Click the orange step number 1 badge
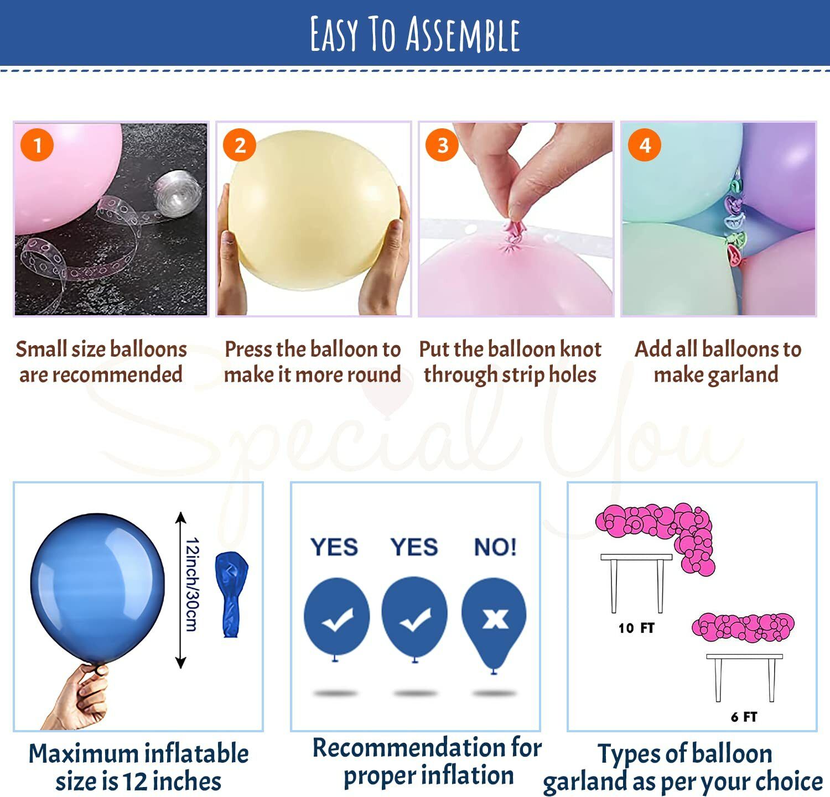click(x=37, y=145)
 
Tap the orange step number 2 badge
click(x=240, y=145)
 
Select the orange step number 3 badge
click(x=442, y=145)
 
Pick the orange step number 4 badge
click(x=645, y=145)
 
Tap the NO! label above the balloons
click(x=495, y=547)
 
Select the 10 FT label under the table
click(x=636, y=628)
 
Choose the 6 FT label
click(x=744, y=717)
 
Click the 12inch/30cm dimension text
click(x=191, y=584)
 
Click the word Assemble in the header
click(x=463, y=34)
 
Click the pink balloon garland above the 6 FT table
click(x=743, y=627)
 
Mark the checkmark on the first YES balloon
click(x=337, y=619)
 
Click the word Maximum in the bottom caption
click(x=84, y=754)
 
